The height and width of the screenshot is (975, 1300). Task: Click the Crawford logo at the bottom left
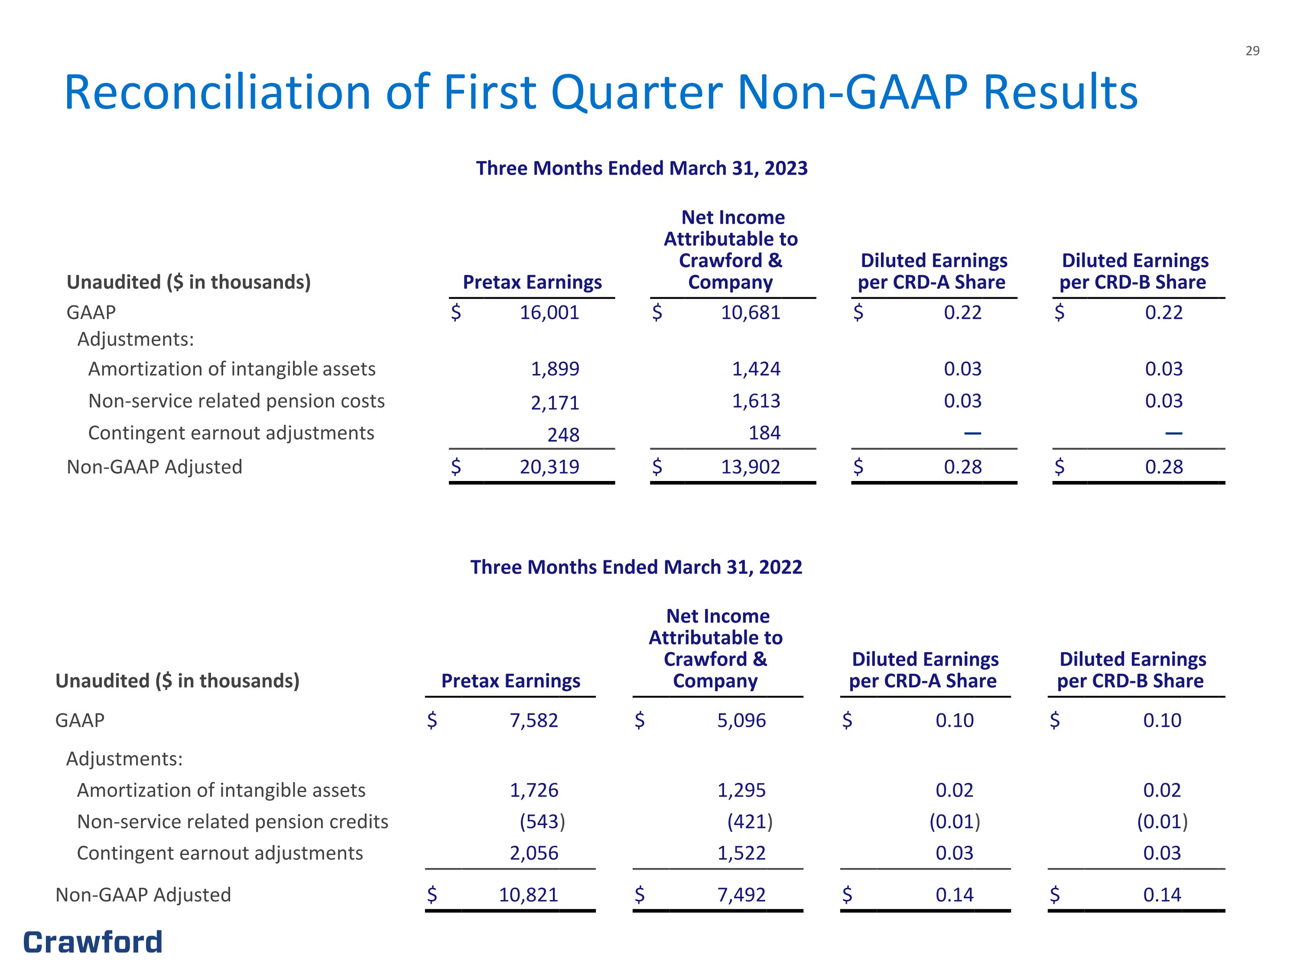coord(93,942)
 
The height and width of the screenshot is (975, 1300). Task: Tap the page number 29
coord(1252,51)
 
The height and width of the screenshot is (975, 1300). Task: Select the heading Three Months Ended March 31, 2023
coord(642,168)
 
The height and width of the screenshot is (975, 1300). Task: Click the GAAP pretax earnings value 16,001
coord(549,313)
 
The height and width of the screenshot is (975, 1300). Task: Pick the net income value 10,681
coord(751,313)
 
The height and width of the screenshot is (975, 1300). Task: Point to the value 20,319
coord(549,467)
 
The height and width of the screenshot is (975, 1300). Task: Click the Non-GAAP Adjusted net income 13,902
coord(751,467)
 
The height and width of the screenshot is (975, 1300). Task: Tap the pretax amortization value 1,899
coord(555,369)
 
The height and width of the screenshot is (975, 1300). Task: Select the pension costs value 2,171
coord(555,403)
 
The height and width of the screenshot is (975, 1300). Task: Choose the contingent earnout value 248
coord(563,435)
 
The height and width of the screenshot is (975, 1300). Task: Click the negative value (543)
coord(542,822)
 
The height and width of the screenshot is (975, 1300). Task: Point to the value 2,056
coord(533,853)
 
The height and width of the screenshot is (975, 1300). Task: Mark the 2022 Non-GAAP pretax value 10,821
coord(528,895)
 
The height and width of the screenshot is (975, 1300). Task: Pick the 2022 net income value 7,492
coord(741,895)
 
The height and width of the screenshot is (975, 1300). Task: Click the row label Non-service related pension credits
coord(233,822)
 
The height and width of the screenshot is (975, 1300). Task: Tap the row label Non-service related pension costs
coord(236,401)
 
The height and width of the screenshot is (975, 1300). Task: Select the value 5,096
coord(741,721)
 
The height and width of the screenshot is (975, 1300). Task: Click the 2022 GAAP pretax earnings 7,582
coord(533,721)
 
